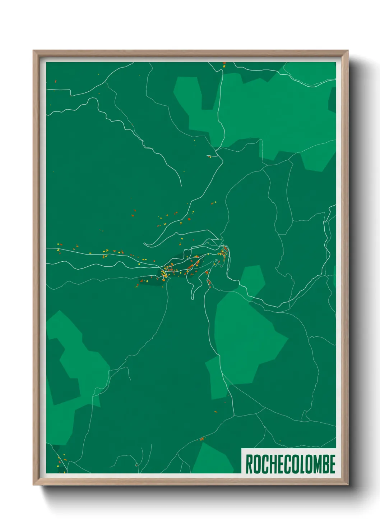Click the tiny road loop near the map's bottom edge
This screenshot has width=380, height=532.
coord(136,465)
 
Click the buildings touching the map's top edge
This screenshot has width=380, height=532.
coord(224,64)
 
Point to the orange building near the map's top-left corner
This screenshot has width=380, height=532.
coord(56,81)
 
